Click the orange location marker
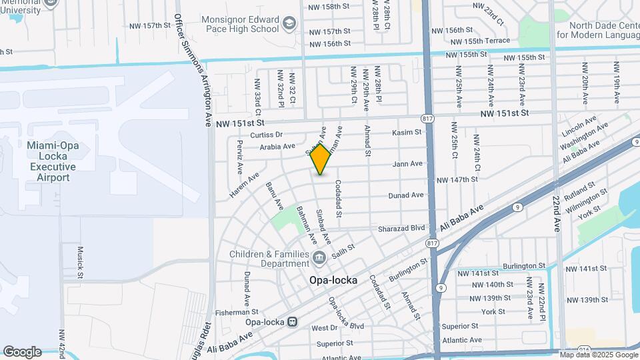click(x=321, y=159)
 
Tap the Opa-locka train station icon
click(x=292, y=322)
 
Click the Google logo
click(x=22, y=351)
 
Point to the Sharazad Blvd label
click(x=401, y=228)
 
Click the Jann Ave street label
click(x=408, y=163)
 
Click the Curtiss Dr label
click(x=267, y=135)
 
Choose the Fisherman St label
click(x=237, y=311)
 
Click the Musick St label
click(x=79, y=262)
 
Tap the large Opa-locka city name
click(x=333, y=281)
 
